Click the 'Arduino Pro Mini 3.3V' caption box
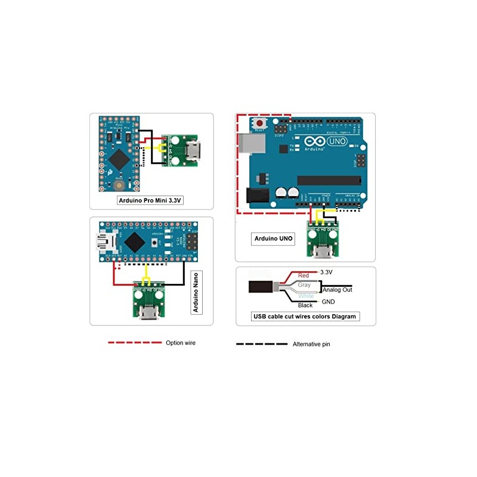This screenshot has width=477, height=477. [x=150, y=200]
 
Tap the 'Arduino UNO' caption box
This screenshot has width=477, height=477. [x=274, y=238]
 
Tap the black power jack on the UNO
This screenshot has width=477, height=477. [x=255, y=195]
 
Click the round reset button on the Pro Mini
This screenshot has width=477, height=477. [x=117, y=186]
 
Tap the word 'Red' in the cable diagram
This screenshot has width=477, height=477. [x=303, y=275]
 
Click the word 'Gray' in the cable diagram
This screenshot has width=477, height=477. [x=304, y=286]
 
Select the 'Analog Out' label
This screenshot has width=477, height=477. [x=337, y=290]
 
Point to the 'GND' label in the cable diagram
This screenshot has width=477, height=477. [x=328, y=302]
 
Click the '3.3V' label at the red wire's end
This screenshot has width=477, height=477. [x=326, y=272]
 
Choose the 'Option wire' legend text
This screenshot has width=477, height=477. [x=181, y=343]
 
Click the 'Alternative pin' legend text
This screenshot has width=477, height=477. [x=311, y=344]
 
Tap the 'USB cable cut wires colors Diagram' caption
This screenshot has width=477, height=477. [x=306, y=317]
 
